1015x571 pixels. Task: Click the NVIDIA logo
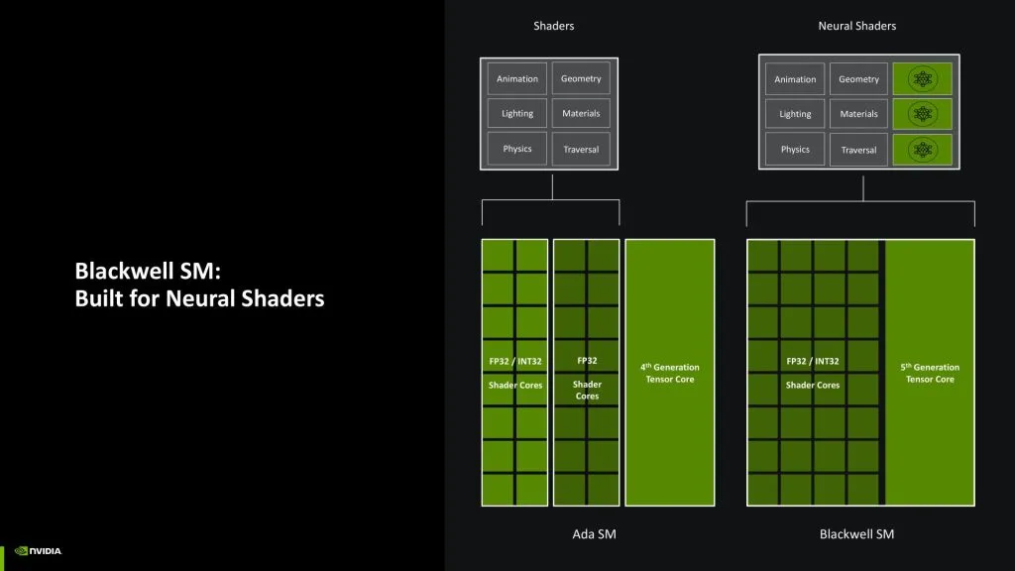[39, 551]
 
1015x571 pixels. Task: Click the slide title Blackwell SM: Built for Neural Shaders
[199, 284]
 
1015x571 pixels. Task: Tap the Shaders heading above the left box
[553, 26]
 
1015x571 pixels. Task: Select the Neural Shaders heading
[856, 26]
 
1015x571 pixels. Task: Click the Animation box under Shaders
[517, 79]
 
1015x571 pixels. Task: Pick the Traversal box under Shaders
[581, 150]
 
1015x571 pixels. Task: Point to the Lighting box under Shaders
[517, 114]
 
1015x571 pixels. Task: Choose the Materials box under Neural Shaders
[858, 114]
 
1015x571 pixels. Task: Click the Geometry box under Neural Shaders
[858, 79]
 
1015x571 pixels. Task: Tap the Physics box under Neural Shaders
[795, 150]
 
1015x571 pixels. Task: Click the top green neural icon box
[923, 79]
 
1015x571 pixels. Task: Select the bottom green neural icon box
[923, 150]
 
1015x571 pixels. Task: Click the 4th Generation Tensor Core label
[670, 373]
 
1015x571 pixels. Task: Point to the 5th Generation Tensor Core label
[930, 373]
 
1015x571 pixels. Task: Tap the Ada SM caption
[595, 534]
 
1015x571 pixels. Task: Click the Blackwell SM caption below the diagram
[856, 534]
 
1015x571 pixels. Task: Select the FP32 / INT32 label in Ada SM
[515, 361]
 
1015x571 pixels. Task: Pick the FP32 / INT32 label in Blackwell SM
[813, 361]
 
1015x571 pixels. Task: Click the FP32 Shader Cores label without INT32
[587, 378]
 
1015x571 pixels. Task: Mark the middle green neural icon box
[923, 114]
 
